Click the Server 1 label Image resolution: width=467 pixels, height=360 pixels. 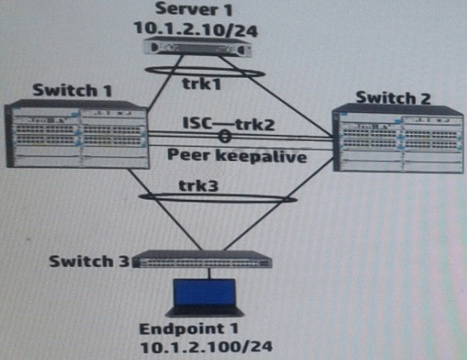pos(194,10)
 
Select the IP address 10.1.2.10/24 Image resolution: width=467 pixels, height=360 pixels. pos(196,30)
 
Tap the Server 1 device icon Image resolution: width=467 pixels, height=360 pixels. pos(197,46)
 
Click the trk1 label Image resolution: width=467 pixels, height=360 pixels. pos(202,84)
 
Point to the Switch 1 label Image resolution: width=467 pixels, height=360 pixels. pos(72,90)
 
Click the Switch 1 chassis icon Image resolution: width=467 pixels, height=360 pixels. pos(77,134)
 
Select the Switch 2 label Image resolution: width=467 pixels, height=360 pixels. pos(393,98)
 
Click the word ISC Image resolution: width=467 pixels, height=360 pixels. pos(197,124)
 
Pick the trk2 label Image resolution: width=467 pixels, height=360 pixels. pos(255,124)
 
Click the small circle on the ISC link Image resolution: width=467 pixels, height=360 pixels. pos(225,137)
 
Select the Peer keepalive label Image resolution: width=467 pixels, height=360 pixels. pos(237,156)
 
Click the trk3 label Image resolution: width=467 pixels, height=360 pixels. pos(198,186)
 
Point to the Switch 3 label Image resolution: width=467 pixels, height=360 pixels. pos(89,261)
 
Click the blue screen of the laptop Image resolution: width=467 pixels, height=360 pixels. pos(204,293)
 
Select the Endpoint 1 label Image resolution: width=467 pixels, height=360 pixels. pos(189,329)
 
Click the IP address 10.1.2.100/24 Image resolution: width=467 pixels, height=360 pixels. pos(206,347)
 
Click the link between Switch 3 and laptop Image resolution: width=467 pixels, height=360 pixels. pos(209,273)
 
